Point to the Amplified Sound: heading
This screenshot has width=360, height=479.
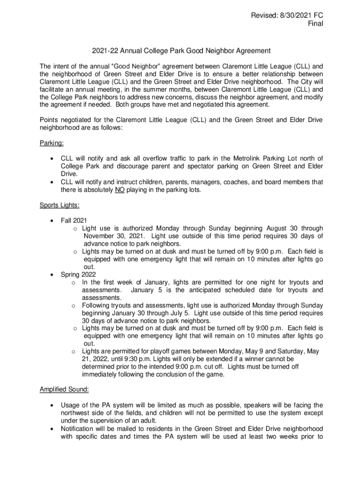[64, 389]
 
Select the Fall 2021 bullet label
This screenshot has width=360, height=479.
[74, 220]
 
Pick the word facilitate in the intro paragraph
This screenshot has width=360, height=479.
[54, 89]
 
